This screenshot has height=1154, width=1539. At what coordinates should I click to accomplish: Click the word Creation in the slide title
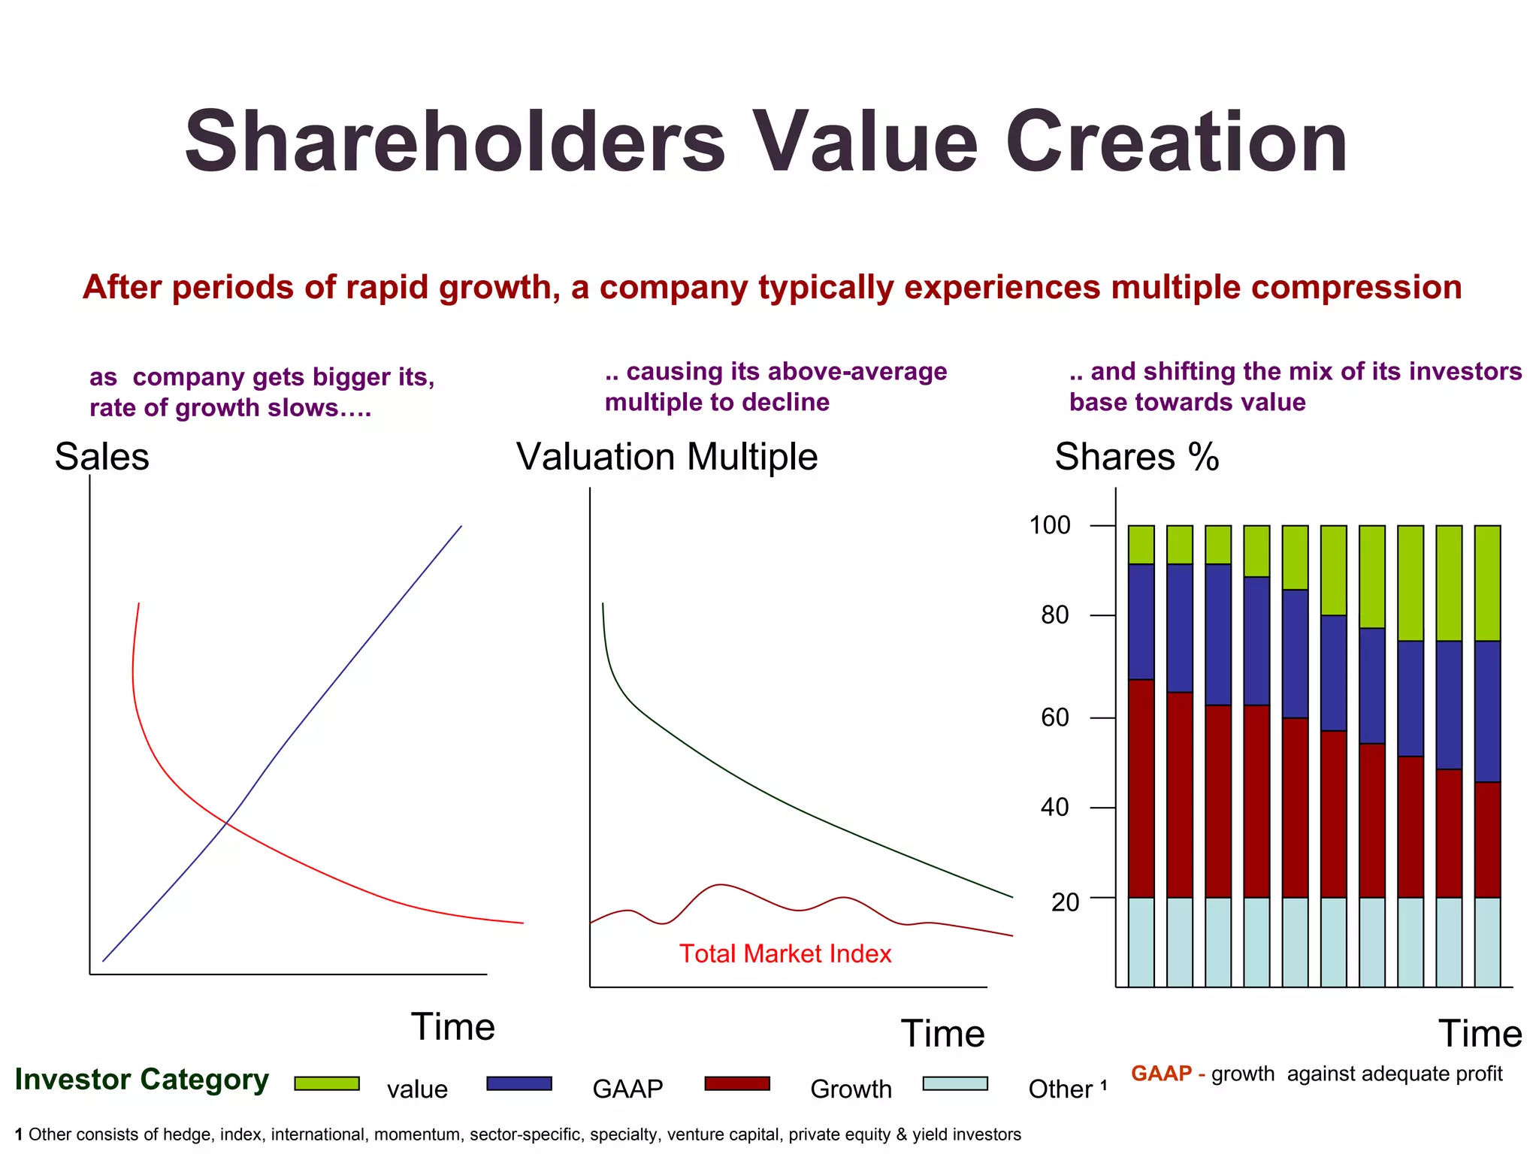(x=1176, y=143)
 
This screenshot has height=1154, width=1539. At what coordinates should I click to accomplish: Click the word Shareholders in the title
(x=455, y=143)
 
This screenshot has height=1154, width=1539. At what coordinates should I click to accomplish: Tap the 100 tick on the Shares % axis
(x=1050, y=525)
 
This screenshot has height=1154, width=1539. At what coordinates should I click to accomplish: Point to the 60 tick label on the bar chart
(x=1054, y=717)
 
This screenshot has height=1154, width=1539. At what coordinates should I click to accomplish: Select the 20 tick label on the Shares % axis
(x=1065, y=902)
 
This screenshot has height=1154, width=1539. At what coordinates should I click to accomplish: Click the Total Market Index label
(x=785, y=953)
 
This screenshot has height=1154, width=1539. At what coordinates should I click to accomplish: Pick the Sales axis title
(x=101, y=457)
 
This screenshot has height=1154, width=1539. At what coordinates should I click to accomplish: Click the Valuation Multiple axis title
(x=667, y=457)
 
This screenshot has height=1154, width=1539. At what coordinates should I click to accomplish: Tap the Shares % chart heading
(x=1136, y=457)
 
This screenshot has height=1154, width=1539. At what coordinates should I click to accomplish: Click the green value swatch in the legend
(x=327, y=1083)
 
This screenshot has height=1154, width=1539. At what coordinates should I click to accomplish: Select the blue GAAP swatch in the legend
(x=519, y=1083)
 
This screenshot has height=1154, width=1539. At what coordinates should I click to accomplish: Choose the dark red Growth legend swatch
(x=737, y=1083)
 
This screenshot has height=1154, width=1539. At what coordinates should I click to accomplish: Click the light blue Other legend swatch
(x=955, y=1083)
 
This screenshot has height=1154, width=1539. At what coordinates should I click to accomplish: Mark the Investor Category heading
(x=141, y=1080)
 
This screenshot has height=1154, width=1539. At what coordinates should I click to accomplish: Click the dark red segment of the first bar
(x=1141, y=789)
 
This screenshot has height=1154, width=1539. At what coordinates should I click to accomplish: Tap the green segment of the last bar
(x=1487, y=582)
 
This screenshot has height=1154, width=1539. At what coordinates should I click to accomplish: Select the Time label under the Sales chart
(x=452, y=1027)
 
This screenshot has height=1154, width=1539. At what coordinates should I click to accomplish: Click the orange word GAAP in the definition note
(x=1161, y=1074)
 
